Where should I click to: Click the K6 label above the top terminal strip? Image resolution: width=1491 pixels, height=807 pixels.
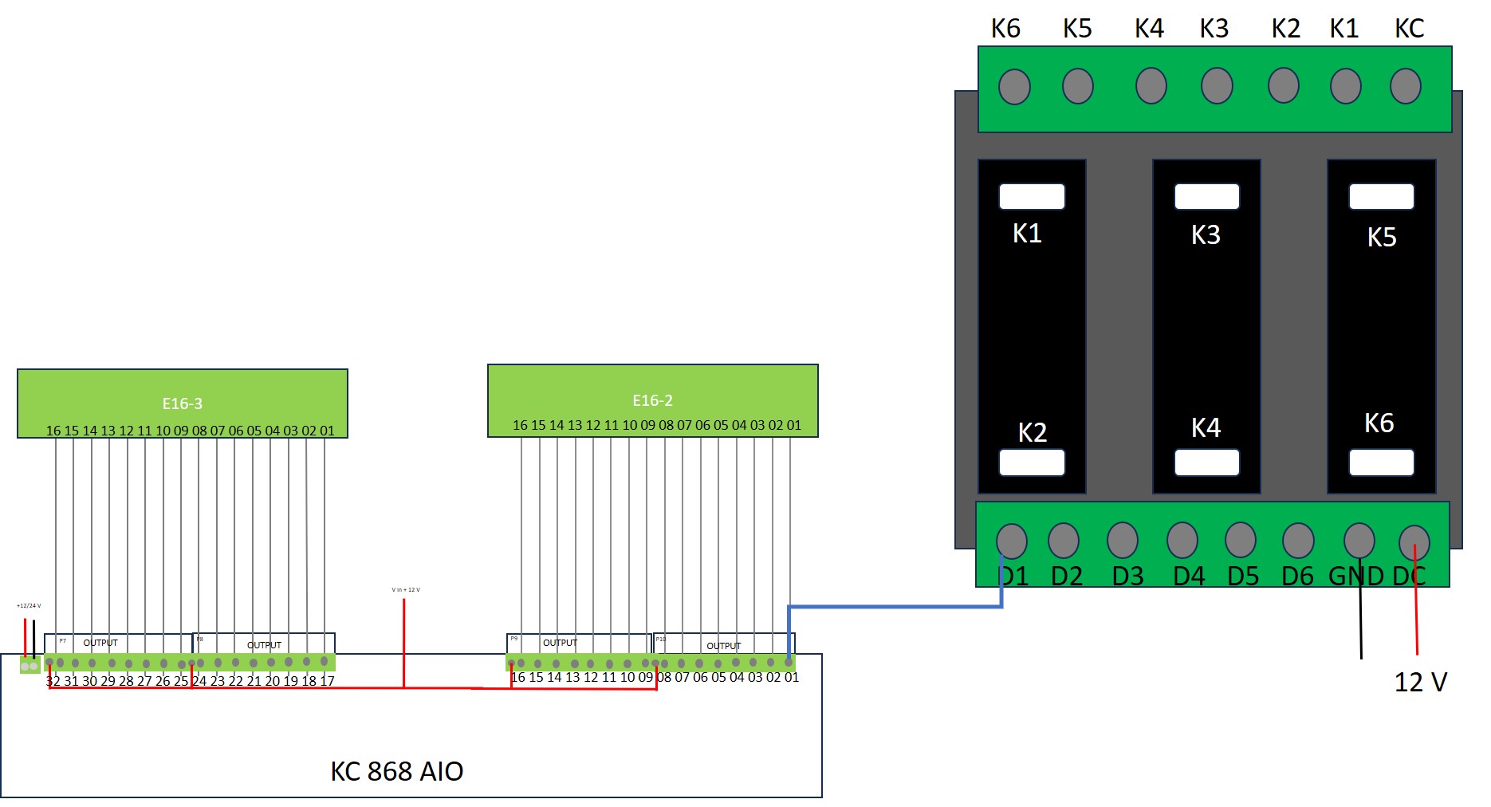coord(1005,29)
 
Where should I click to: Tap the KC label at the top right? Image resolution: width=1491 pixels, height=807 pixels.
coord(1409,29)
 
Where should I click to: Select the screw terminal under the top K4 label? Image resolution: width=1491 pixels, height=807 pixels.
coord(1151,86)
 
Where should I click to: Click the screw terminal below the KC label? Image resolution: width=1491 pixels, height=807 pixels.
coord(1405,86)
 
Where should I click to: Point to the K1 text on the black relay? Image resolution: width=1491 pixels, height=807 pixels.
coord(1027,234)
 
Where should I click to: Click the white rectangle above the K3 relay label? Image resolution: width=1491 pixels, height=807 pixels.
coord(1206,197)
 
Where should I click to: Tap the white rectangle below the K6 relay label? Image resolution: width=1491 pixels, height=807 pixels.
coord(1381,463)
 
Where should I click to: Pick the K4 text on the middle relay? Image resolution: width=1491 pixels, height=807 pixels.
coord(1206,428)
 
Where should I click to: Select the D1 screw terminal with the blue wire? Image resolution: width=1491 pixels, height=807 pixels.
coord(1012,541)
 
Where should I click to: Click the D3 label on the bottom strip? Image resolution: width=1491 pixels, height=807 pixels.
coord(1127,576)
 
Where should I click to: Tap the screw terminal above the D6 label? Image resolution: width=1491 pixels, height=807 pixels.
coord(1298,541)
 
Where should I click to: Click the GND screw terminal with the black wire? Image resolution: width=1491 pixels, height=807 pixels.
coord(1359,541)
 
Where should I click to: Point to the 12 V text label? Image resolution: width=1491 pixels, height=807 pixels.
coord(1420,683)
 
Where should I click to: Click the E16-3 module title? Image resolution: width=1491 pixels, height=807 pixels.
coord(182,404)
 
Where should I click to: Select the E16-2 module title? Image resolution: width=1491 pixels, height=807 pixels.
coord(652,400)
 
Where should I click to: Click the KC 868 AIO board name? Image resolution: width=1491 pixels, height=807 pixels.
coord(396,771)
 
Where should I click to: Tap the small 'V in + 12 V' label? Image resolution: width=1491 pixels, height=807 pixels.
coord(405,590)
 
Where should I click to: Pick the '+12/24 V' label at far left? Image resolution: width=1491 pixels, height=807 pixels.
coord(29,606)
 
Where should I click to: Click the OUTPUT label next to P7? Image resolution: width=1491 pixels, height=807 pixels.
coord(100,643)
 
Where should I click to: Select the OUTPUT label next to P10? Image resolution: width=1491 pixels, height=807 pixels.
coord(723,646)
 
